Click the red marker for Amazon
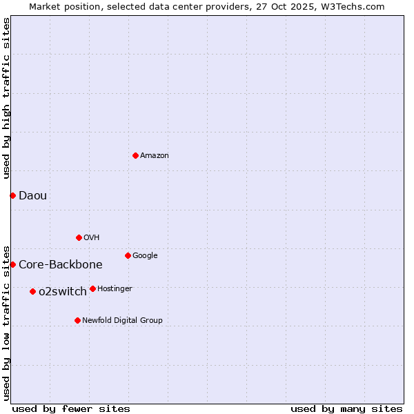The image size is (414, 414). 135,155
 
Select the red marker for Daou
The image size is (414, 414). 12,195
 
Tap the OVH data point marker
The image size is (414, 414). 79,237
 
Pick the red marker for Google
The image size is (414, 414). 128,255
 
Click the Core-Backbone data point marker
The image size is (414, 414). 12,264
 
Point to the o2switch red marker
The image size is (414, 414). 32,291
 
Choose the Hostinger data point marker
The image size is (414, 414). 92,288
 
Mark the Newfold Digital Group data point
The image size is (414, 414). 77,320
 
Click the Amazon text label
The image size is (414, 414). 155,156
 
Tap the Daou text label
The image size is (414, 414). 33,195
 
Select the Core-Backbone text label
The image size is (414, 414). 61,264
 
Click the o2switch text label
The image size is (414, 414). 63,291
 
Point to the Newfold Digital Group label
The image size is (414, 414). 123,320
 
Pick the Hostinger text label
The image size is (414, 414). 115,288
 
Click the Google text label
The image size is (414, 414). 145,255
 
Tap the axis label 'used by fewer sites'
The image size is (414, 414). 71,408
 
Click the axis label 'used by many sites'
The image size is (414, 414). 346,408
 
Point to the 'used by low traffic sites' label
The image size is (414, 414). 6,322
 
